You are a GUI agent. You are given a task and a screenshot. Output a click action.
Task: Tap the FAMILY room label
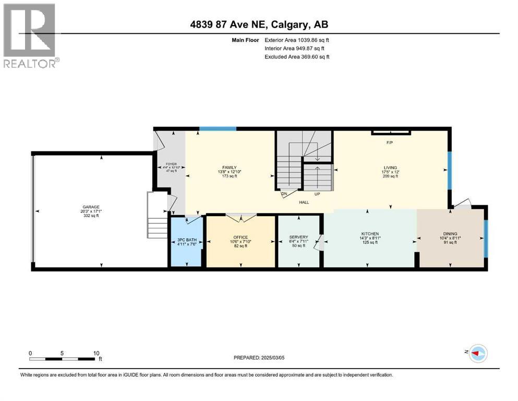[230, 168]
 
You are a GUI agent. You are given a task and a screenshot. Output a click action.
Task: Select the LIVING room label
[390, 168]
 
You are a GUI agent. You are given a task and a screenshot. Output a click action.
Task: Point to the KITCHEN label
[370, 233]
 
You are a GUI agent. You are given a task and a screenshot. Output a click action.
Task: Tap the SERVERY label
[298, 237]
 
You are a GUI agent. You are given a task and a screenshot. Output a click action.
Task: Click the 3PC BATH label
[186, 241]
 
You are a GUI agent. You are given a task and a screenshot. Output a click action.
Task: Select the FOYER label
[168, 163]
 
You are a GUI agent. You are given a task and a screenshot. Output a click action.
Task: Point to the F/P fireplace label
[389, 142]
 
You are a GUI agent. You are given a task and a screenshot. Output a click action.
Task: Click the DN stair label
[284, 194]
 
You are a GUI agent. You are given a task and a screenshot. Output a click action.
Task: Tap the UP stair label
[317, 194]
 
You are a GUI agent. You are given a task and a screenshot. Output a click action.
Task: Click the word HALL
[305, 203]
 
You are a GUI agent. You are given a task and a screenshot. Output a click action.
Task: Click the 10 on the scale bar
[96, 353]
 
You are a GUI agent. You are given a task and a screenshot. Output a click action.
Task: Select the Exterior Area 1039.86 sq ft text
[297, 40]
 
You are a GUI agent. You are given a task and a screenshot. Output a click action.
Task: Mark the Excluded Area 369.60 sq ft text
[297, 57]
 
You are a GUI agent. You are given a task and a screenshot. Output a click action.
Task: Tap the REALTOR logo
[30, 35]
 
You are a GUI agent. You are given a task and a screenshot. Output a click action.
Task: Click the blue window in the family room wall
[218, 128]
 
